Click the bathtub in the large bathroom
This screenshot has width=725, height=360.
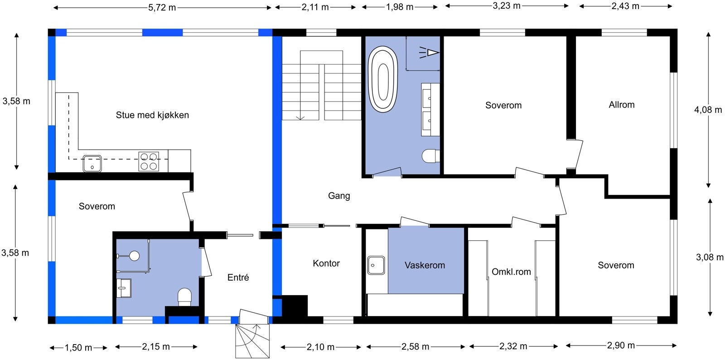pos(383,79)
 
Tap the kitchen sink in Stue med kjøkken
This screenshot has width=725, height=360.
pos(92,164)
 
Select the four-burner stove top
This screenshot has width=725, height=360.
pos(149,161)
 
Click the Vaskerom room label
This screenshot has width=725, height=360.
pos(425,265)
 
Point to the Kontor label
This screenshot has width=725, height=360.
pos(326,263)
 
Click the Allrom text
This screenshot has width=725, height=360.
pos(621,105)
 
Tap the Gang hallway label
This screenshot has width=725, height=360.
pos(339,195)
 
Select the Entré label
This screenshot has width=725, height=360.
pos(238,277)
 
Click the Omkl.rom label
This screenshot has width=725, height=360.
pos(512,272)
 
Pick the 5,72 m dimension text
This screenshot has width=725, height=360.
pos(162,8)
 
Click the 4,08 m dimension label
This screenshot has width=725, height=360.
pos(708,110)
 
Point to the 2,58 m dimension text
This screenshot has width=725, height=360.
pos(415,347)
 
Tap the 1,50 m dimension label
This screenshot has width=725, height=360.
pos(78,348)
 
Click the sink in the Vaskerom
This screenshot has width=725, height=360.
pos(376,265)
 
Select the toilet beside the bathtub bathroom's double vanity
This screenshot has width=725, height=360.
pos(431,156)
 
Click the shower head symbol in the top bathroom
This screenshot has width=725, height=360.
pos(429,53)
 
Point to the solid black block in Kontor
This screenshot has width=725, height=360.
pos(295,306)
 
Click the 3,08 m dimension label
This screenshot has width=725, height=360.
pos(710,258)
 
